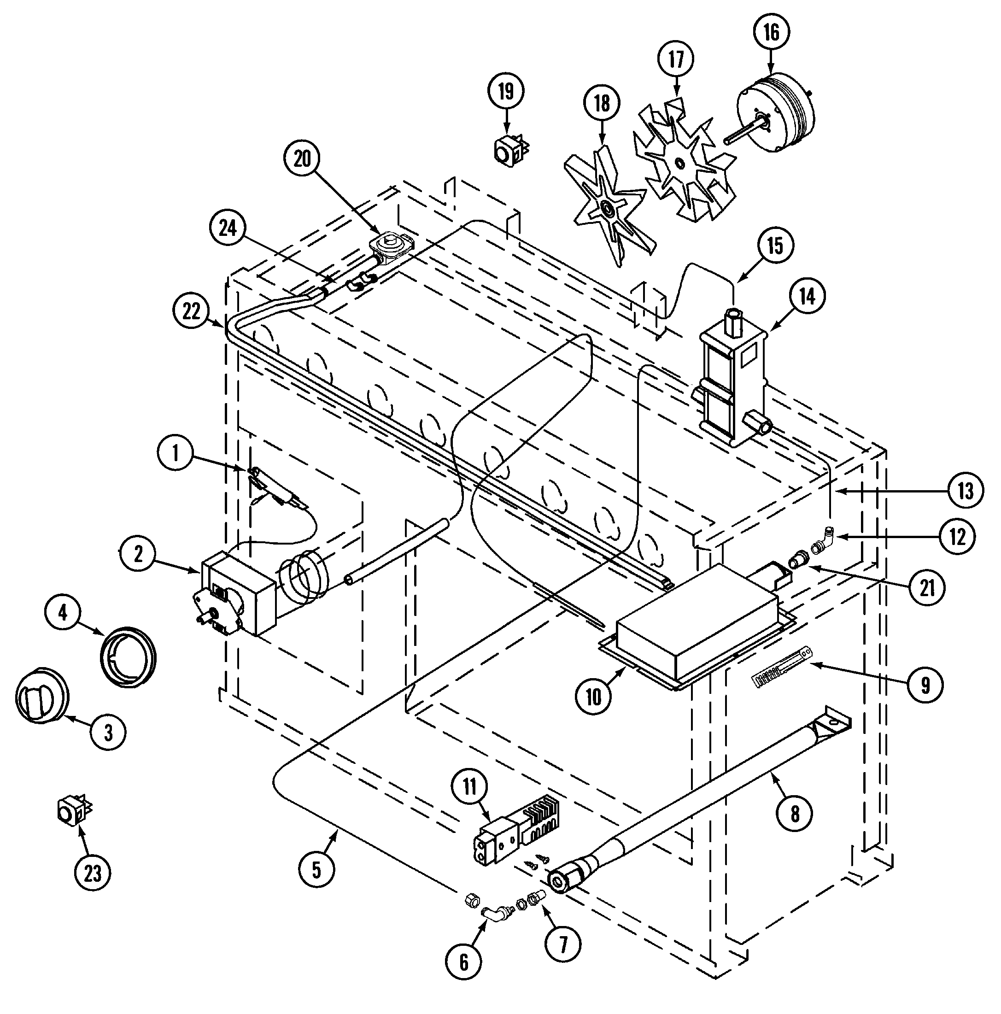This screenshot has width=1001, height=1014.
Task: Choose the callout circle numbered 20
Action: click(302, 158)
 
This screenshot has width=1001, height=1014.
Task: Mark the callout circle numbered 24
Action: click(227, 229)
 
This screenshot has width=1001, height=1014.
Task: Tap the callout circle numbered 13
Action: click(966, 491)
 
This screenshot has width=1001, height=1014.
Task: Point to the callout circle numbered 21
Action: click(927, 588)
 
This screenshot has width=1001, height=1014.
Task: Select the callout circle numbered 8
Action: click(794, 814)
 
